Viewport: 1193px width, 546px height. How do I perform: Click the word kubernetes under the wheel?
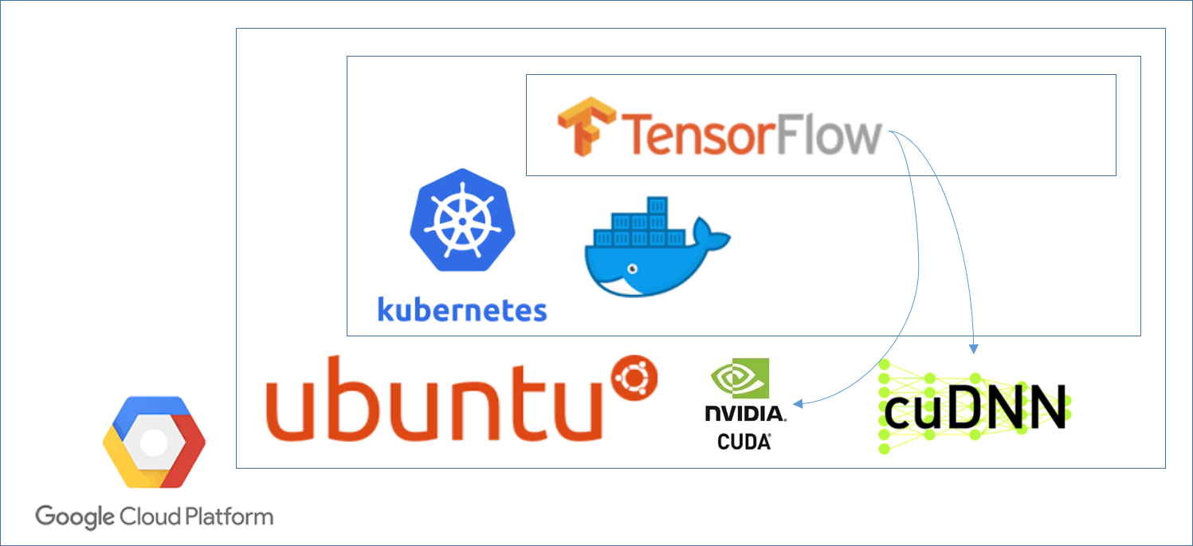tap(462, 309)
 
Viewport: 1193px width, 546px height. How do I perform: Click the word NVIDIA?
tap(744, 414)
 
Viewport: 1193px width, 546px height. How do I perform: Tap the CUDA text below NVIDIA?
tap(744, 440)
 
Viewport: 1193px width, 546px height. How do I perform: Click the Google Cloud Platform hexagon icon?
tap(154, 442)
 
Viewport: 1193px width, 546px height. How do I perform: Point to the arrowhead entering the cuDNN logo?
tap(973, 348)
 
